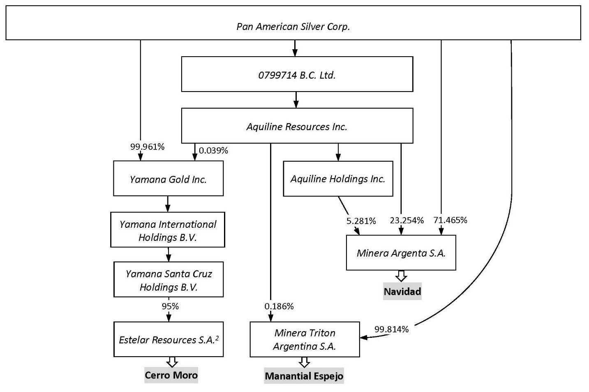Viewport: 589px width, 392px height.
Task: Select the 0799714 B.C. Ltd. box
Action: coord(297,74)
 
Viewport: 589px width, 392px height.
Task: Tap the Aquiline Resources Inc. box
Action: coord(297,126)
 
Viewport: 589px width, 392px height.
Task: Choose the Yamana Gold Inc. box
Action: coord(168,179)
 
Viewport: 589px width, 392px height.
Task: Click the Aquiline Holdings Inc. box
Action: coord(338,179)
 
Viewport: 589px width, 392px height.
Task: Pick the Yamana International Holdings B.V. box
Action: coord(168,230)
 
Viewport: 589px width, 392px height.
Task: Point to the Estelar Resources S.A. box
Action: coord(169,339)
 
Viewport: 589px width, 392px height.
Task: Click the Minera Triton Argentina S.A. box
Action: coord(305,339)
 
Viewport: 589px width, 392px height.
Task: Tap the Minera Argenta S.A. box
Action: coord(401,253)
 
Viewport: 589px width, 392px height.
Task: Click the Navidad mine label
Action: coord(402,292)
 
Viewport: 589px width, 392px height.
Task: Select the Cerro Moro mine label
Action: coord(171,375)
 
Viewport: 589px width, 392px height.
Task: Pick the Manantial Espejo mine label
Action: coord(304,376)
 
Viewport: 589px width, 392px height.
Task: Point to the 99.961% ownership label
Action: coord(147,147)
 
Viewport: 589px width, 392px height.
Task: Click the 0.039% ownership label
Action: coord(213,151)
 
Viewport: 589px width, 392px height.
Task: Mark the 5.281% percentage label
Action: coord(361,221)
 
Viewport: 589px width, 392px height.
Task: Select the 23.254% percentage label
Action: coord(407,220)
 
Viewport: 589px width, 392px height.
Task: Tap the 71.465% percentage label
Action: coord(450,220)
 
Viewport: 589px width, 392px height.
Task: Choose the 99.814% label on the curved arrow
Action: coord(391,329)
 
